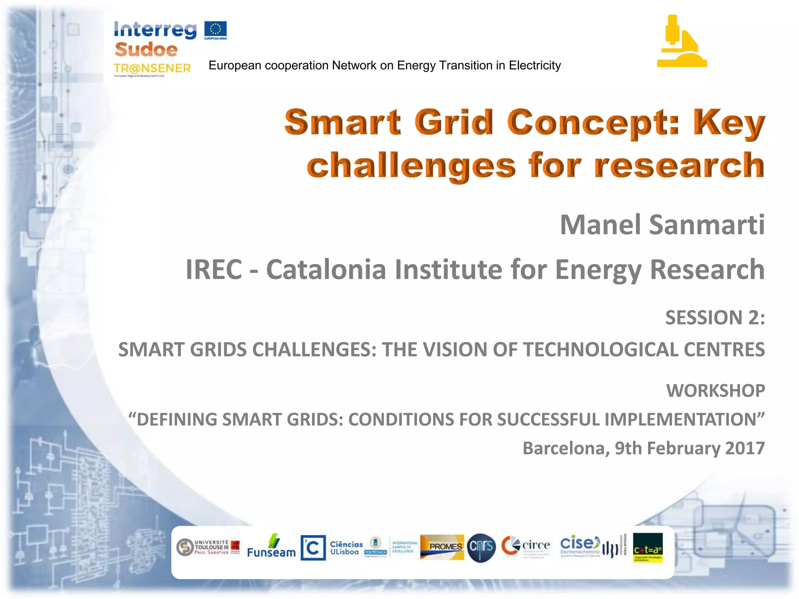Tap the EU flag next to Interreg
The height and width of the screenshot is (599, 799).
215,30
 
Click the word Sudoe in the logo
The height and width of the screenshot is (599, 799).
146,50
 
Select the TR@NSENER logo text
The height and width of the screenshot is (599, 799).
152,68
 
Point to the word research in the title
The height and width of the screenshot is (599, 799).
679,165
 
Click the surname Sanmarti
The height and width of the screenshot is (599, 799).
707,225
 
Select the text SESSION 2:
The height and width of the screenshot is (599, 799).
715,317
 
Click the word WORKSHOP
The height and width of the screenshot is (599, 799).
716,391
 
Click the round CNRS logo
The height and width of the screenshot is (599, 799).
481,547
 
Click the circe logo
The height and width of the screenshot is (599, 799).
526,546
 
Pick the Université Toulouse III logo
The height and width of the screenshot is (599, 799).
208,547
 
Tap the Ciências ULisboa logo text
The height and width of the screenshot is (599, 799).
346,548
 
